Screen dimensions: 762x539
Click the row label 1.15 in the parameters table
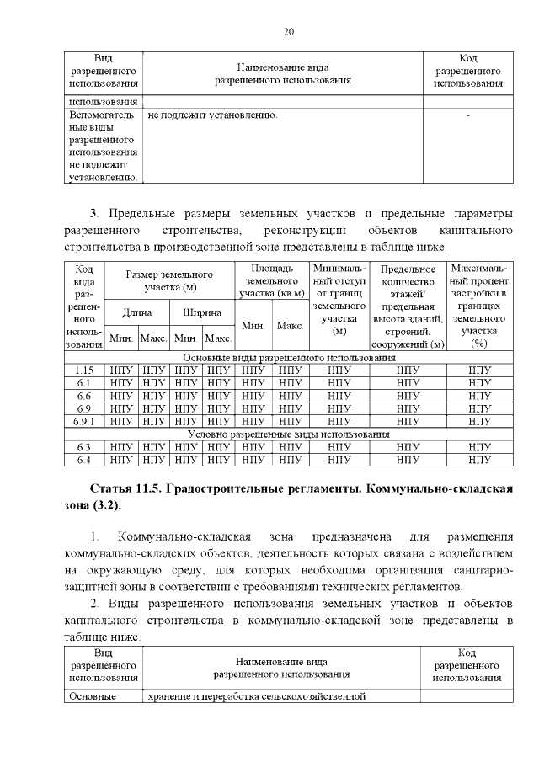(x=83, y=370)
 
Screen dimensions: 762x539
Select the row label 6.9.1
(x=83, y=421)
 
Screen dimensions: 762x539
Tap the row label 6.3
(x=83, y=447)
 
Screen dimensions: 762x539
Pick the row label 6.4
(x=83, y=460)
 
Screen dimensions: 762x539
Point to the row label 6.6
(x=83, y=396)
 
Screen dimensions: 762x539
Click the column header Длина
(x=136, y=312)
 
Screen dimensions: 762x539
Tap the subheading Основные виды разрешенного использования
(x=287, y=357)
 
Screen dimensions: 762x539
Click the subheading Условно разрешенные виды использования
(x=287, y=434)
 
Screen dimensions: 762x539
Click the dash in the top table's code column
(x=467, y=114)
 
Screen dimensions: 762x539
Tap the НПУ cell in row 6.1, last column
(x=478, y=382)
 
